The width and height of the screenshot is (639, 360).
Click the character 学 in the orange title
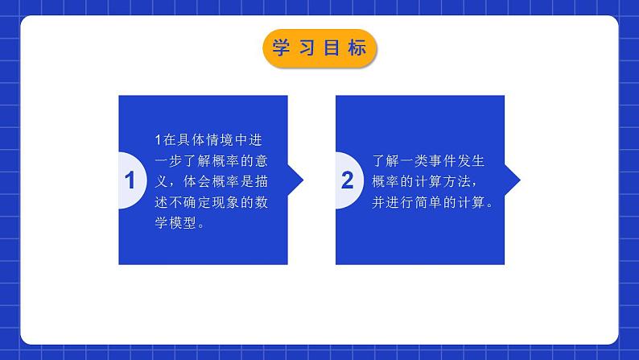(x=281, y=48)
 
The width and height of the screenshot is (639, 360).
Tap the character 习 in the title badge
(x=307, y=48)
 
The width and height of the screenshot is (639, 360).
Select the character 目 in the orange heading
(x=332, y=48)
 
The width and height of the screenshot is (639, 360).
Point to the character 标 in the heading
(x=357, y=48)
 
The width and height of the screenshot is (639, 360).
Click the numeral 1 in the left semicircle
(x=130, y=180)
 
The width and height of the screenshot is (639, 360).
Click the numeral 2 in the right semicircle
(x=347, y=180)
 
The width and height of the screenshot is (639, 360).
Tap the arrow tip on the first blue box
(x=303, y=180)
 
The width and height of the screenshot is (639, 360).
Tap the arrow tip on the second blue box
(x=520, y=180)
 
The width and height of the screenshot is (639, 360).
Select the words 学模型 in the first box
(x=175, y=223)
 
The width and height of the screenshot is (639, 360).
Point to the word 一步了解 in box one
(x=183, y=161)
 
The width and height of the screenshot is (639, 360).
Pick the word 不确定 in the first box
(x=191, y=203)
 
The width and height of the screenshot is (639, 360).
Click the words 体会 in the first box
(x=197, y=182)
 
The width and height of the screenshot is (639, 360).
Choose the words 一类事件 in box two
(x=421, y=161)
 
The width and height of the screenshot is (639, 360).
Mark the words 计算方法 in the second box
(x=443, y=182)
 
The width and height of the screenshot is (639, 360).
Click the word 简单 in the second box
(x=429, y=203)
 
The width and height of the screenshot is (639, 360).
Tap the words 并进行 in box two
(x=393, y=203)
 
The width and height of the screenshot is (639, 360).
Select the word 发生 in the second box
(x=471, y=161)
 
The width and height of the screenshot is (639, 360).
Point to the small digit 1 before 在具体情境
(x=158, y=140)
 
